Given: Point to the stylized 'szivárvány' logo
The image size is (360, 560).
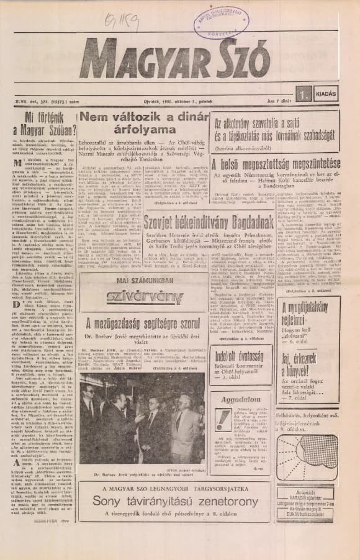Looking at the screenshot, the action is click(x=142, y=297).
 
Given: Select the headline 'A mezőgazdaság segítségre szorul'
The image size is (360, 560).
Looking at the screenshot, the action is click(x=143, y=322).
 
